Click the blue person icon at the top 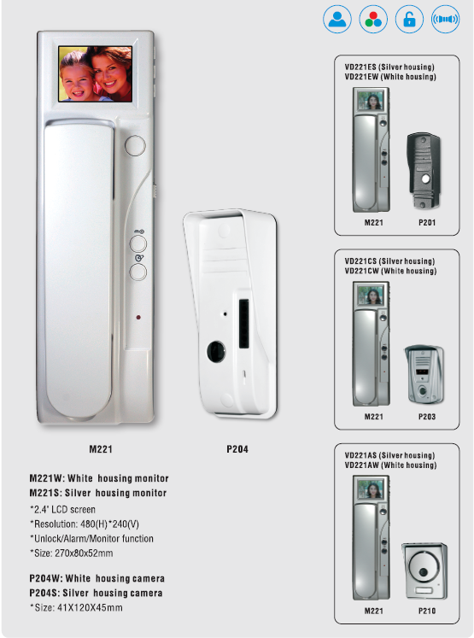[337, 19]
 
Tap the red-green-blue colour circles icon [373, 19]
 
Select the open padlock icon [409, 19]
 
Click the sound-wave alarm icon [445, 19]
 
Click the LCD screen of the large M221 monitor [95, 73]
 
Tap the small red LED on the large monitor [138, 318]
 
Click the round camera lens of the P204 [216, 351]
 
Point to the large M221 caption [101, 449]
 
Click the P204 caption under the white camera [237, 449]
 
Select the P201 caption [427, 223]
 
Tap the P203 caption [427, 417]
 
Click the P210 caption [427, 611]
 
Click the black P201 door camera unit [424, 171]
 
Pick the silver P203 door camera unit [424, 374]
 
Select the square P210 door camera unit [424, 571]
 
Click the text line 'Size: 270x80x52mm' [72, 553]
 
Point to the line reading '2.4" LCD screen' [62, 509]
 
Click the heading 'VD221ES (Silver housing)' [389, 67]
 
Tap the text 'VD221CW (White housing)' [390, 271]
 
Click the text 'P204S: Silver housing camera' [96, 594]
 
